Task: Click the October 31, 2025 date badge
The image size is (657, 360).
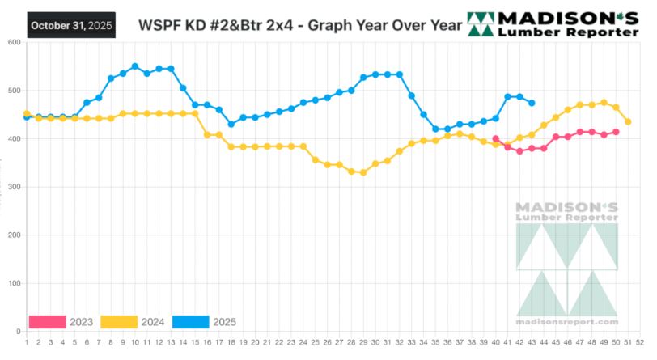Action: [x=70, y=26]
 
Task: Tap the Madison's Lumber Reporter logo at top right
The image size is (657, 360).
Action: [x=559, y=25]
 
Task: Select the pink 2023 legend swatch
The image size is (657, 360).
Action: [x=47, y=322]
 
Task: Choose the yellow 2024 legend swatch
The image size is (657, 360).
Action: [x=119, y=322]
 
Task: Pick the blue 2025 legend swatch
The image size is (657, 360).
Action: [x=189, y=322]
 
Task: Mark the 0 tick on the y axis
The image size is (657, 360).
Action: [x=18, y=332]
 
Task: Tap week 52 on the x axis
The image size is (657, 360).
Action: [x=641, y=342]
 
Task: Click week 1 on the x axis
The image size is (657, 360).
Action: [x=27, y=342]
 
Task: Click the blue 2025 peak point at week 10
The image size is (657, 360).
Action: [x=135, y=66]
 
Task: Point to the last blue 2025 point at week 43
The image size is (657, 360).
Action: [x=532, y=103]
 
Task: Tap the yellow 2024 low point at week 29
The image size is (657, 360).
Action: [x=363, y=172]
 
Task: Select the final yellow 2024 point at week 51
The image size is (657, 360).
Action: [x=629, y=121]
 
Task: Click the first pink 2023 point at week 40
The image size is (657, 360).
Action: [x=496, y=138]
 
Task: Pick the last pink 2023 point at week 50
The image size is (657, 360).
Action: [x=617, y=132]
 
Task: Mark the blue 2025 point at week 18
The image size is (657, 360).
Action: [x=231, y=124]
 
